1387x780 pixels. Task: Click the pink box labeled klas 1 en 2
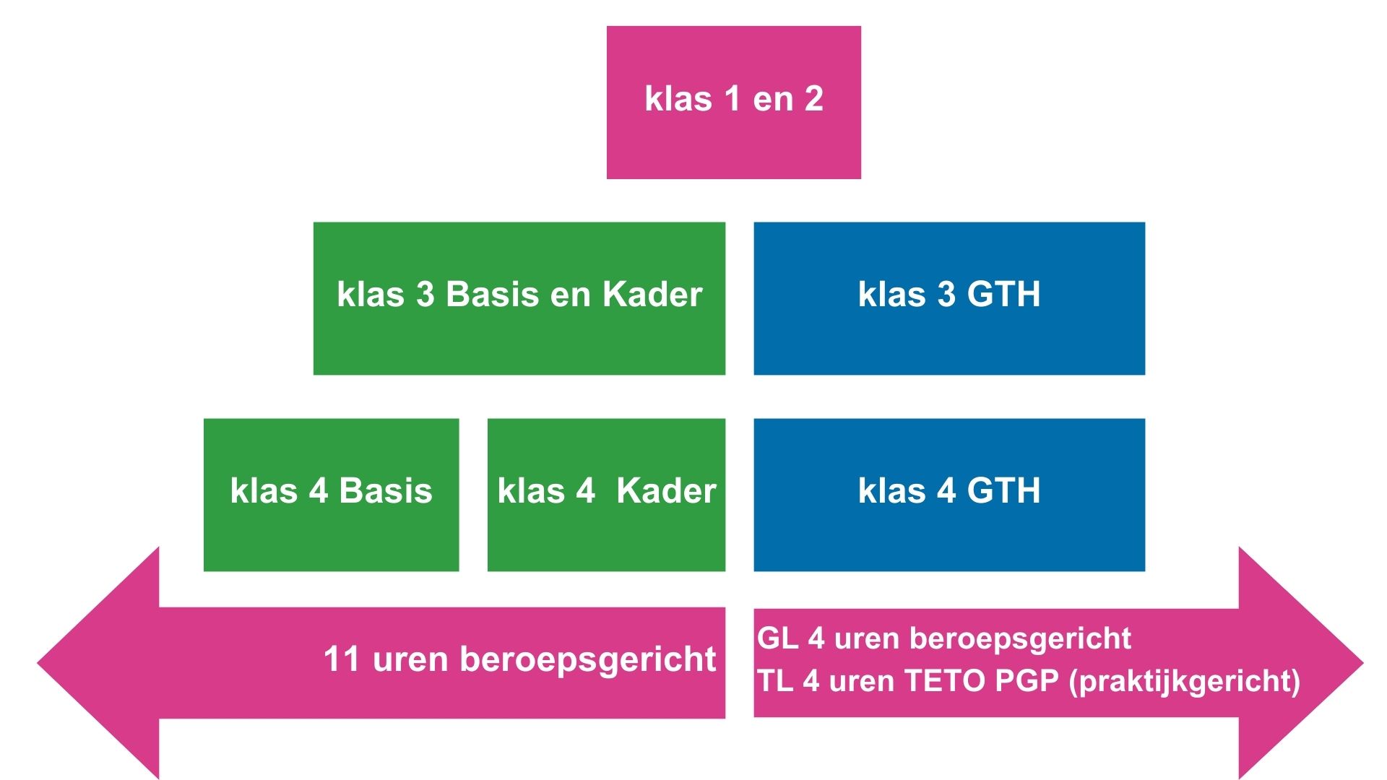point(733,103)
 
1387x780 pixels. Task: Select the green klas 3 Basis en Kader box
point(519,298)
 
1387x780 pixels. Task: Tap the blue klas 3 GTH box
point(949,298)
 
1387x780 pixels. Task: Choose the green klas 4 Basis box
point(331,495)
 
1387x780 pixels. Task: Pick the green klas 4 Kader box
point(606,495)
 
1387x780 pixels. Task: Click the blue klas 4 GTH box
point(949,495)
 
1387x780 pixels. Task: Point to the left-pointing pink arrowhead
point(98,663)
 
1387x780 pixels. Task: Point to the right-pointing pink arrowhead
point(1301,663)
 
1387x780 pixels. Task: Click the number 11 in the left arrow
point(341,659)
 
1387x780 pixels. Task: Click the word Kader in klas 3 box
point(652,295)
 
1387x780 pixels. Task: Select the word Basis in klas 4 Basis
point(386,491)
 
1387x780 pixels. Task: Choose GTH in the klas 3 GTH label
point(1003,295)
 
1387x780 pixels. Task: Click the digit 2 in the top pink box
point(814,99)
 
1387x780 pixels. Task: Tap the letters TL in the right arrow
point(774,681)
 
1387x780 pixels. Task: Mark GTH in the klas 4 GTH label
point(1003,491)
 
